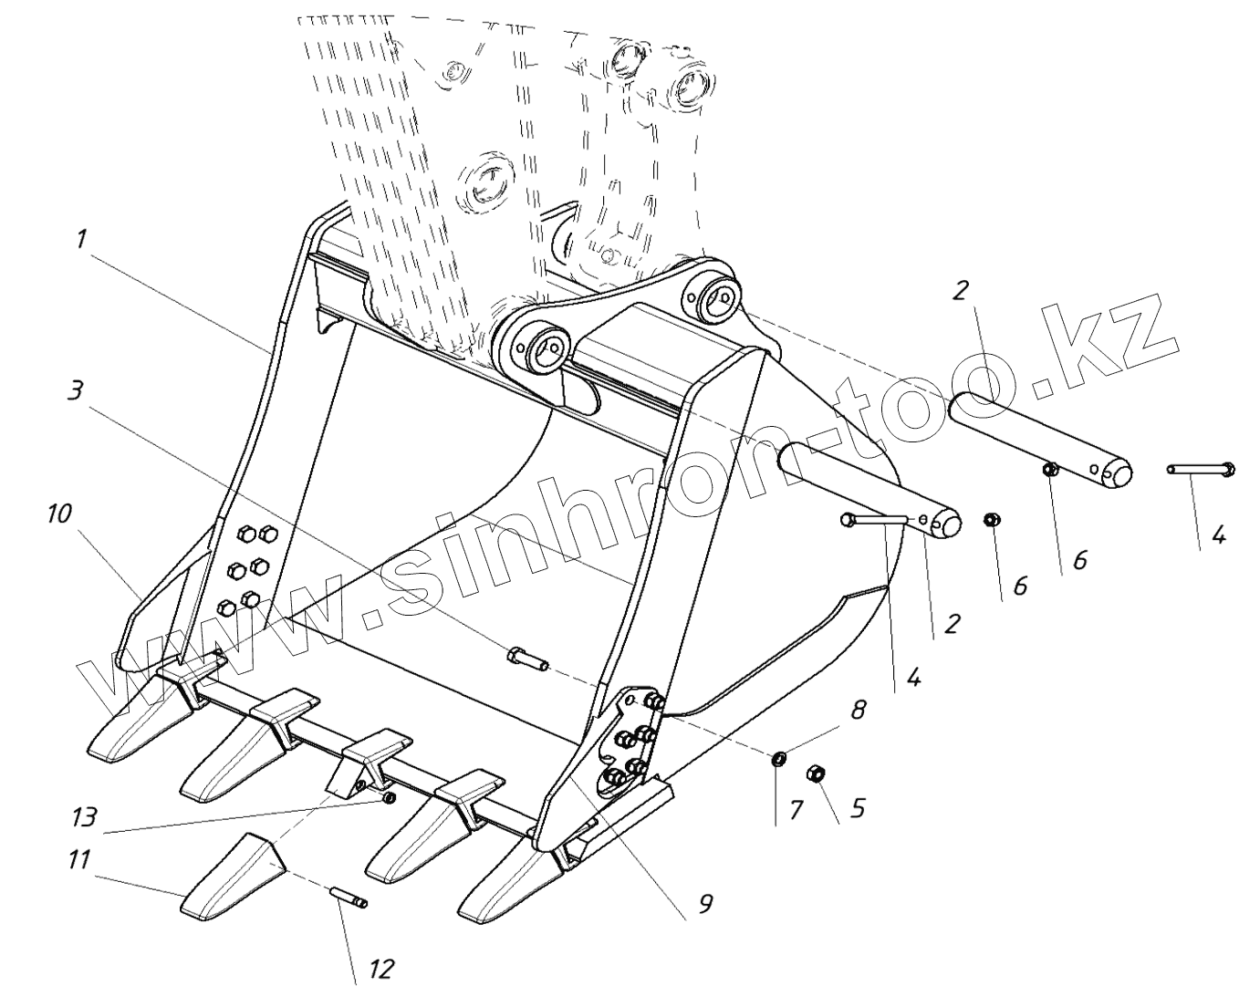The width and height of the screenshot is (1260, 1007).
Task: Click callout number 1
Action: click(81, 240)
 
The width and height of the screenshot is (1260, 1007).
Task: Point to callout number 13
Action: click(83, 816)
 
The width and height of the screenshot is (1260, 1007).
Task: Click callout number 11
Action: click(79, 859)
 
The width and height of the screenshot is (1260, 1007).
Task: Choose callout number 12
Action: click(380, 968)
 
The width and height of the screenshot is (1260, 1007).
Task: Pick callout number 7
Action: click(797, 808)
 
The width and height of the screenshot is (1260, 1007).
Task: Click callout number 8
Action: click(858, 711)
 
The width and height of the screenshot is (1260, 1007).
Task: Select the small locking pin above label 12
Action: click(348, 898)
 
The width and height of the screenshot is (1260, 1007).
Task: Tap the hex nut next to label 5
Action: click(817, 774)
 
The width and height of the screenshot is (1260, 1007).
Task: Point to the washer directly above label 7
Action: click(778, 758)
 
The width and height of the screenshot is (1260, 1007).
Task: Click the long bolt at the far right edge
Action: click(1200, 469)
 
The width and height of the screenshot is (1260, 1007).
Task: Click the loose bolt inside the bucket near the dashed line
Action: click(526, 658)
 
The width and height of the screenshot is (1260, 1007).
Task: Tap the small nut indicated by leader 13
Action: click(390, 798)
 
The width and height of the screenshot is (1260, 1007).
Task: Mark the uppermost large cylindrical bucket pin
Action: click(1040, 436)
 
